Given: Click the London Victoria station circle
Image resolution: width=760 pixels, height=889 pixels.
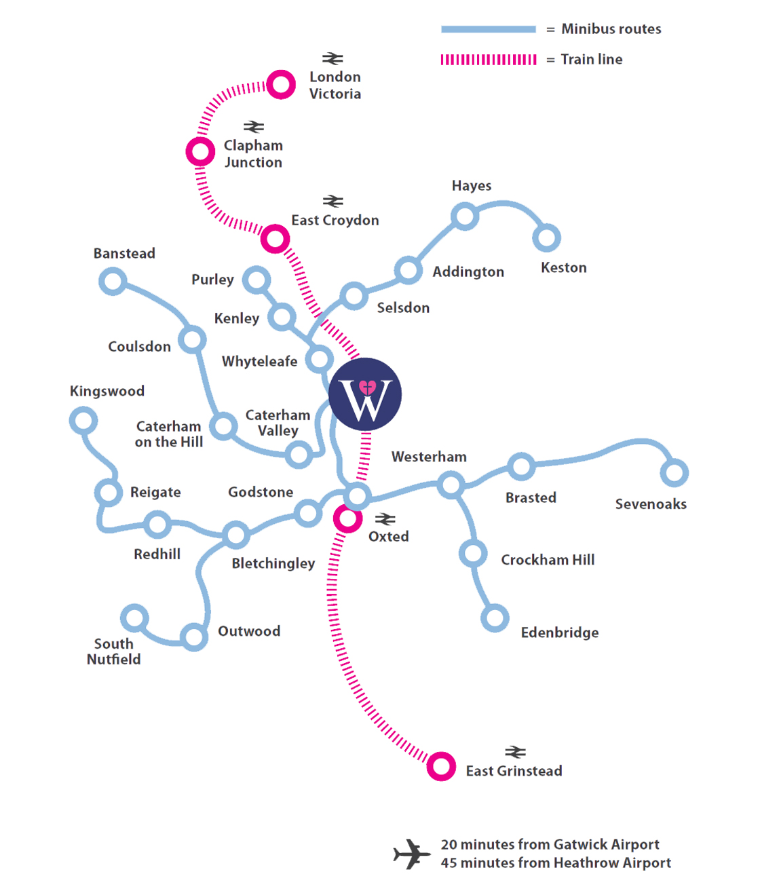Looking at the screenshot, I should [x=281, y=85].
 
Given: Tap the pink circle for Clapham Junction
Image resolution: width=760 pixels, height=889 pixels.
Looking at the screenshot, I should [x=200, y=151].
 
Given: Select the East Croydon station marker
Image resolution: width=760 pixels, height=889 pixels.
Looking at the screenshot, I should [x=275, y=239].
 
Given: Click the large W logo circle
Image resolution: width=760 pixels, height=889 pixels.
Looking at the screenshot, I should [x=365, y=395].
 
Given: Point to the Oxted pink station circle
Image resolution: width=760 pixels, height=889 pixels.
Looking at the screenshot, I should [x=347, y=519].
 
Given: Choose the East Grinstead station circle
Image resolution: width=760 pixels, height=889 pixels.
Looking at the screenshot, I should [x=441, y=767].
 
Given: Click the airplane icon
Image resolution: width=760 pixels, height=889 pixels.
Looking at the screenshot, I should [x=412, y=854].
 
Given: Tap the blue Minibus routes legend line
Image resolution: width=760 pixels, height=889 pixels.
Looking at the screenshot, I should [x=488, y=29].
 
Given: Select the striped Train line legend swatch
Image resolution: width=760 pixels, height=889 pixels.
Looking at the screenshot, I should [x=488, y=60].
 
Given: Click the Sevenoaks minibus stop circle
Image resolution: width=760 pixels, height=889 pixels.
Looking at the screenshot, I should [x=674, y=473].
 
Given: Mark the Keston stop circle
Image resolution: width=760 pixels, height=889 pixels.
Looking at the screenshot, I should [x=546, y=238].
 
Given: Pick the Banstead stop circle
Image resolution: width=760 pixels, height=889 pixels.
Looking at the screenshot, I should [x=113, y=281].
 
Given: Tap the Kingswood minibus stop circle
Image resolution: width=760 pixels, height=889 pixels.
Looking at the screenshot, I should [x=83, y=421].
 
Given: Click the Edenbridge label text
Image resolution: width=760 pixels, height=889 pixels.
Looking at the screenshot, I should [x=560, y=633].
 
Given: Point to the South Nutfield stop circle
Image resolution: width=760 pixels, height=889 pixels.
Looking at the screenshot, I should [x=134, y=618].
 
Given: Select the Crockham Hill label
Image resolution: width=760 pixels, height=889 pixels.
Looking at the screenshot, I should [x=548, y=560].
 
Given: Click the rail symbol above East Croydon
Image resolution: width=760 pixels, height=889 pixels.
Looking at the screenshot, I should [x=332, y=201].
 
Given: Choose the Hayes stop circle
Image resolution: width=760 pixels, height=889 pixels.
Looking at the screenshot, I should [x=465, y=216].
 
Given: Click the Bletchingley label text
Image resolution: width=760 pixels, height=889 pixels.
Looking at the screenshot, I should [x=273, y=563].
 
